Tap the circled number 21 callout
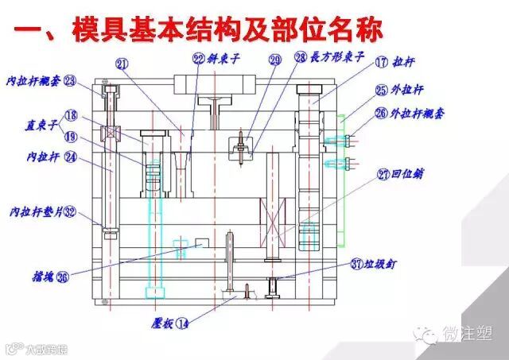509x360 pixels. pos(122,64)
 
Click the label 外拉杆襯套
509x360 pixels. pos(417,114)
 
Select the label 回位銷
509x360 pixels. pos(406,174)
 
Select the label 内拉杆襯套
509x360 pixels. pos(33,81)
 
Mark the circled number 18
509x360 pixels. pos(72,114)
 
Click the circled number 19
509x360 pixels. pos(72,137)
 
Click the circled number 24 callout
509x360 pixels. pos(71,157)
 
